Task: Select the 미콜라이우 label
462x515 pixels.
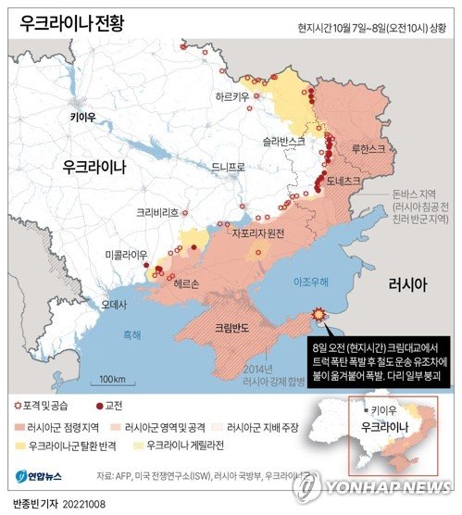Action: point(126,254)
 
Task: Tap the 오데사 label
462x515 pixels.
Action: point(114,302)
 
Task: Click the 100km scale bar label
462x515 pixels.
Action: point(112,379)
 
